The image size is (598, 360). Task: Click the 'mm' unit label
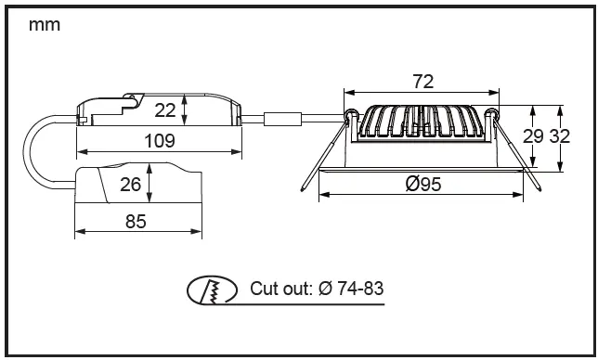tap(45, 26)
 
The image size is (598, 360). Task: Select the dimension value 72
tap(422, 82)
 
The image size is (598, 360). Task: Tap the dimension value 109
tap(160, 141)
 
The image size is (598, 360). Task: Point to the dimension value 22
tap(164, 110)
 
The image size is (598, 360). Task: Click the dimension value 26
tap(130, 185)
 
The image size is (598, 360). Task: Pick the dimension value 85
tap(136, 222)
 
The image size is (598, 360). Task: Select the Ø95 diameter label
tap(423, 184)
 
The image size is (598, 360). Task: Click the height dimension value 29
tap(533, 136)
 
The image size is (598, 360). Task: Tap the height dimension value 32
tap(560, 136)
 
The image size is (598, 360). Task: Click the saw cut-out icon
tap(212, 290)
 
